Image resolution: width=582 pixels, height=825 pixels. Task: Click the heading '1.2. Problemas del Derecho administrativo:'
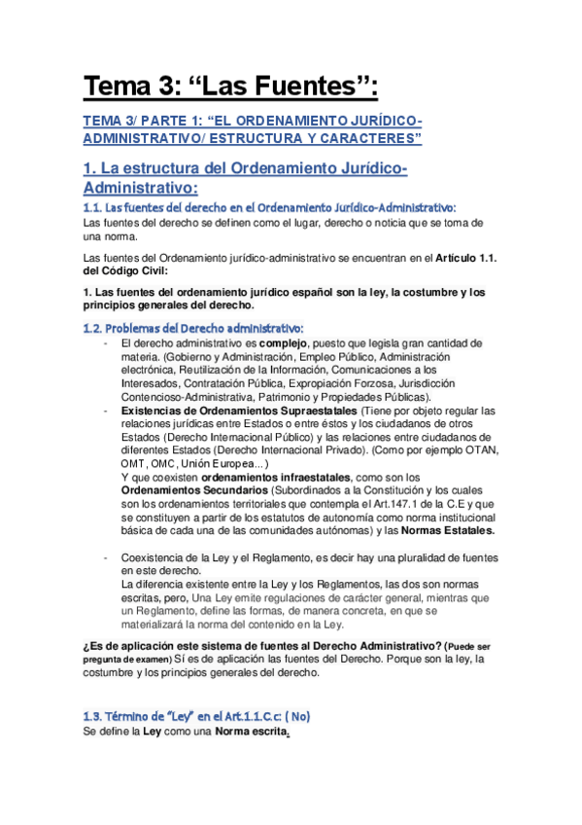pos(193,327)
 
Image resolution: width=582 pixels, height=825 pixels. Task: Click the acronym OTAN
pos(482,450)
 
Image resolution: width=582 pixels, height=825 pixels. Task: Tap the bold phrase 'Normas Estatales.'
pos(447,531)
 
